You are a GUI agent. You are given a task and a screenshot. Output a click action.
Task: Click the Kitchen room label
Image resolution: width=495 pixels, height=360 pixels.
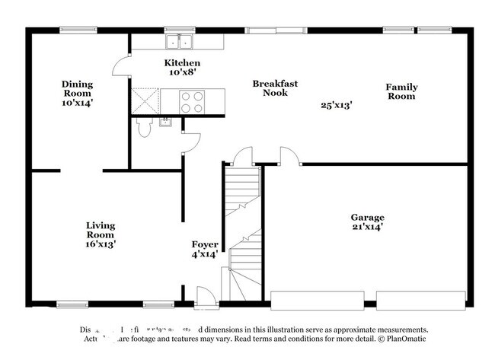click(182, 62)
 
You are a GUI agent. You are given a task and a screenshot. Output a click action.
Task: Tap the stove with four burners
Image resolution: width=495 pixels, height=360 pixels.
click(192, 102)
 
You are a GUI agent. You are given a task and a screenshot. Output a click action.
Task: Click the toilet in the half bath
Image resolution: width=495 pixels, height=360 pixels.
click(145, 128)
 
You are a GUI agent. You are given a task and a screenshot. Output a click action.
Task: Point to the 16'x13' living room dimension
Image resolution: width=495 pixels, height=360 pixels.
click(100, 244)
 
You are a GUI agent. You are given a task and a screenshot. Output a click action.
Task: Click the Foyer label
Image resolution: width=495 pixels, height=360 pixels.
click(205, 244)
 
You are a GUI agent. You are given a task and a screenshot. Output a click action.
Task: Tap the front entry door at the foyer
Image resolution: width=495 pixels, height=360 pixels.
click(203, 297)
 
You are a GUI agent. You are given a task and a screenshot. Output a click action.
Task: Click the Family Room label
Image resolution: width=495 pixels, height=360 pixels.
click(401, 91)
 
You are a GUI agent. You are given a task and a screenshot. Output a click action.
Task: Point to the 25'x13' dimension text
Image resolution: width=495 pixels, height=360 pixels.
click(336, 106)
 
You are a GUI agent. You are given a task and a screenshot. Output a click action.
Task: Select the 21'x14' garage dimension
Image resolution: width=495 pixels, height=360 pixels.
click(367, 226)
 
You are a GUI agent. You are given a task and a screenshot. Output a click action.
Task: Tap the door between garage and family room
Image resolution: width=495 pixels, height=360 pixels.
click(289, 155)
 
